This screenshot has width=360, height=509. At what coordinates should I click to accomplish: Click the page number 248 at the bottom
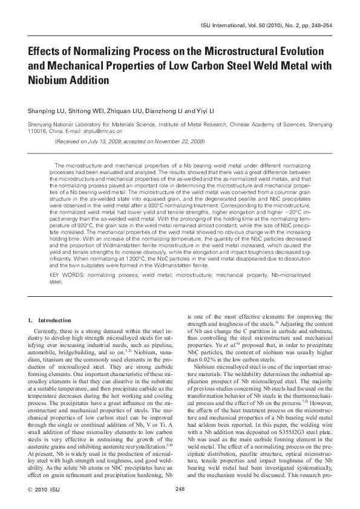(x=180, y=489)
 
